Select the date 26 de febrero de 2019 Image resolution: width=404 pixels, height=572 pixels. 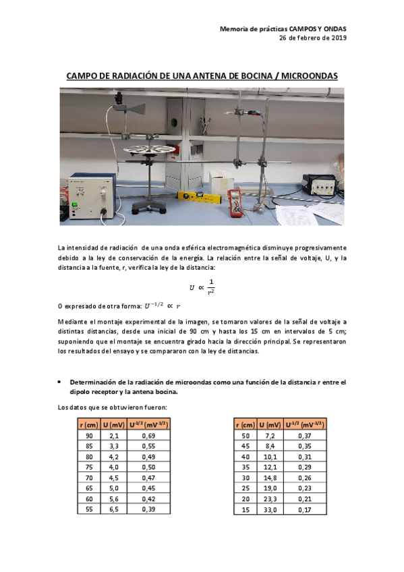313,38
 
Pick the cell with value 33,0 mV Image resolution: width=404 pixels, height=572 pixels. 269,509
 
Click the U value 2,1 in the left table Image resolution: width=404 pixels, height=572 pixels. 114,437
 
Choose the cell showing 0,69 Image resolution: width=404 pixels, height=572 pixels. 147,437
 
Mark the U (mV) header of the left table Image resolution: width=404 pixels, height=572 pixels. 114,424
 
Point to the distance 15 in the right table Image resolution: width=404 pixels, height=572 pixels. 245,509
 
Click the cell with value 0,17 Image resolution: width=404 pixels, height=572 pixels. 303,509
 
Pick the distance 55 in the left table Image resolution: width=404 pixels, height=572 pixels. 88,509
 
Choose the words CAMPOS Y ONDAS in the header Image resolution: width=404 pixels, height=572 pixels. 317,29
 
